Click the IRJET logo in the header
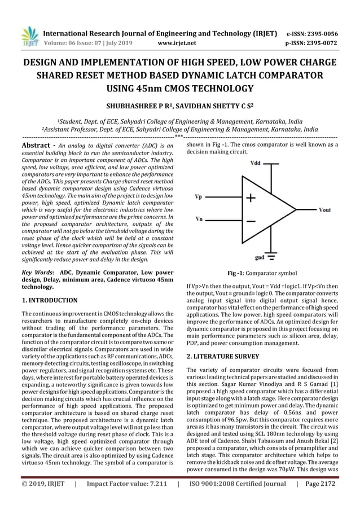pyautogui.click(x=28, y=36)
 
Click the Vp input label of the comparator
pyautogui.click(x=198, y=198)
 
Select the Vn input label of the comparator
pyautogui.click(x=199, y=218)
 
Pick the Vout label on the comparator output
pyautogui.click(x=324, y=209)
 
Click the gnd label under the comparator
pyautogui.click(x=260, y=257)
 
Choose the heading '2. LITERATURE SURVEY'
pyautogui.click(x=222, y=357)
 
